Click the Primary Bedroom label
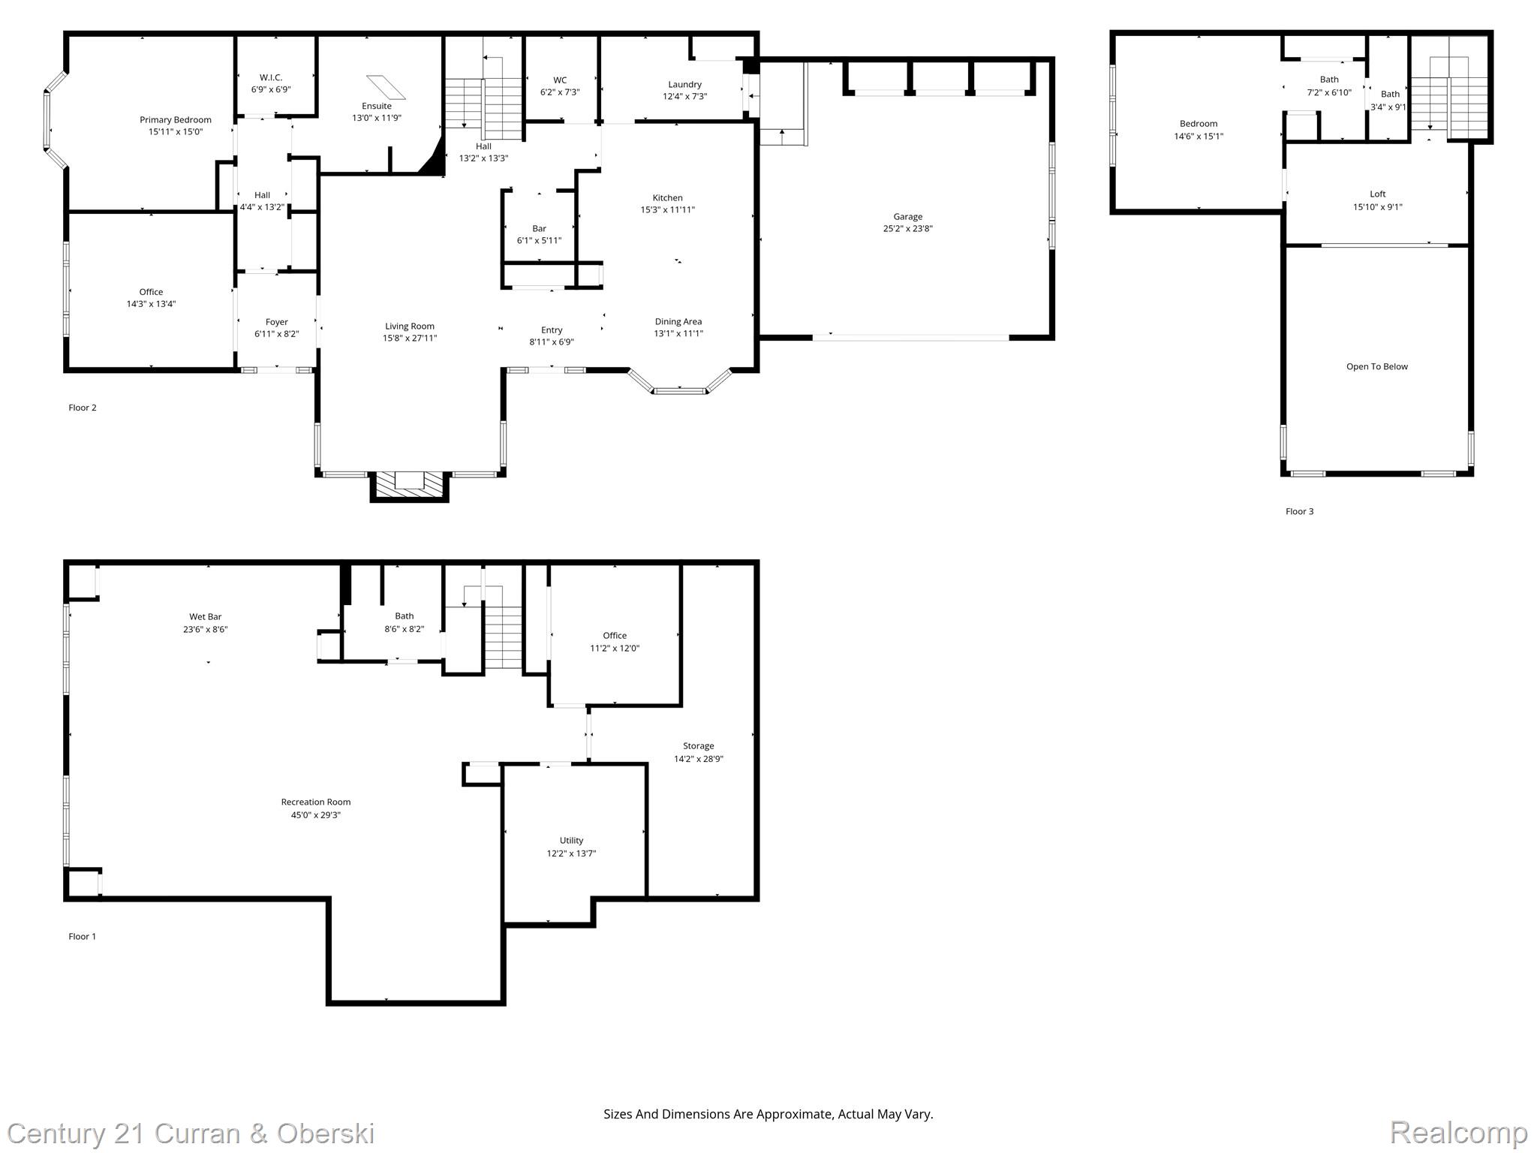175,120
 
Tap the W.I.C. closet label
271,77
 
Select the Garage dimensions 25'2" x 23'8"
907,229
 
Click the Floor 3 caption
1299,512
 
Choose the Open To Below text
1376,367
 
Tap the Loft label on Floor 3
1377,194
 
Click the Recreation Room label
315,802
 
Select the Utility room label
571,841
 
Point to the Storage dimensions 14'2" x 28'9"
698,759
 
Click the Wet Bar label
205,617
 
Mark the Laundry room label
684,85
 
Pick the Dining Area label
678,322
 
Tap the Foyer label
276,322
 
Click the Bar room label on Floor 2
539,229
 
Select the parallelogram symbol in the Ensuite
386,87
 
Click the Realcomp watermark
1457,1132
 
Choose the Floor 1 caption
82,937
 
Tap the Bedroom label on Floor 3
1198,124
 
